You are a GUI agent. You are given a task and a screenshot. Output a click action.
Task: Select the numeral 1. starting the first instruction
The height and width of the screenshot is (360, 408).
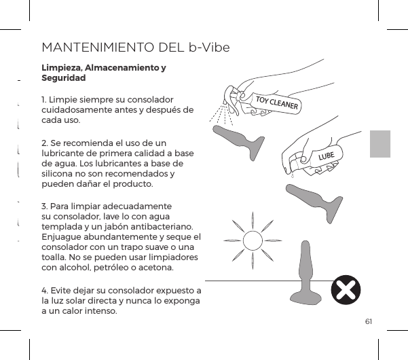(x=44, y=99)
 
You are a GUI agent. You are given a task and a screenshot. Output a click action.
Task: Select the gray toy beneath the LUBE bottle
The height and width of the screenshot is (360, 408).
(x=313, y=196)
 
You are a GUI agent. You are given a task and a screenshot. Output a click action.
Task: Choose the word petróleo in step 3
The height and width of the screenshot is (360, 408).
(x=107, y=267)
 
